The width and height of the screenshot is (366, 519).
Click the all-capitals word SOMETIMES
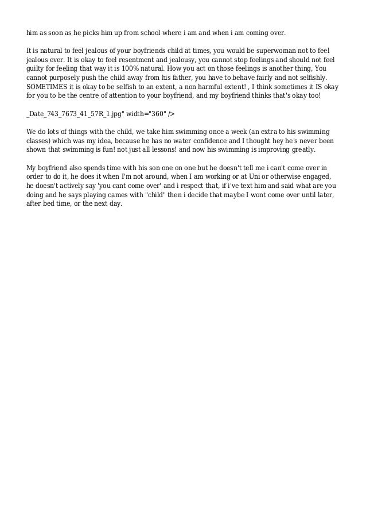coord(48,86)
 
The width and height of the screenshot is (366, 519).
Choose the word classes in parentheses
coord(40,140)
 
